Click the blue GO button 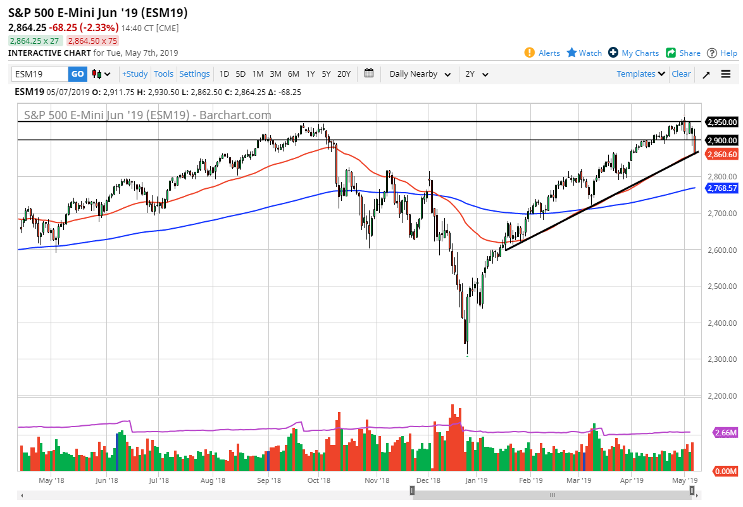(77, 74)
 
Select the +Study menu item (135, 74)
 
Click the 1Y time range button (310, 74)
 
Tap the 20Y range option (344, 74)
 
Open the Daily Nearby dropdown (420, 74)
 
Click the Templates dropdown (640, 74)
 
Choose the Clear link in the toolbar (681, 74)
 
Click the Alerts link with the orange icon (542, 53)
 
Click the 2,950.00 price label (722, 122)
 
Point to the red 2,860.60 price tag (722, 154)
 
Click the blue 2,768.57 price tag (722, 188)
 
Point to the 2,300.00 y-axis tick (722, 359)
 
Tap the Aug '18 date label (213, 481)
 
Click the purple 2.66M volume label (725, 433)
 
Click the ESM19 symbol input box (39, 74)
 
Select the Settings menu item (194, 74)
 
